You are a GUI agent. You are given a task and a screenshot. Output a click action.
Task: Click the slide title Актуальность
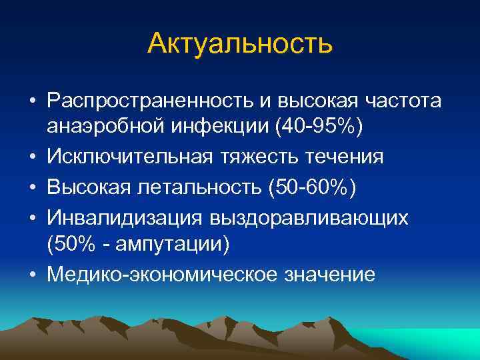click(239, 43)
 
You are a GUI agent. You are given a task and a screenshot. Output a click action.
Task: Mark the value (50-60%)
click(313, 187)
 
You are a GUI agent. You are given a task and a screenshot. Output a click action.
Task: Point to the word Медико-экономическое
click(149, 274)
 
